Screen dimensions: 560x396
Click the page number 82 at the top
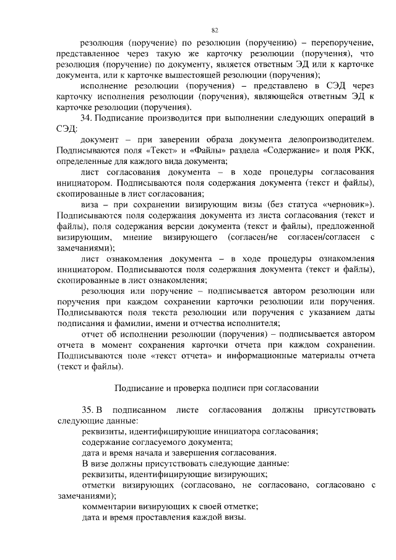pyautogui.click(x=215, y=30)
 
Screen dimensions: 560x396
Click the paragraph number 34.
pyautogui.click(x=88, y=118)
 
